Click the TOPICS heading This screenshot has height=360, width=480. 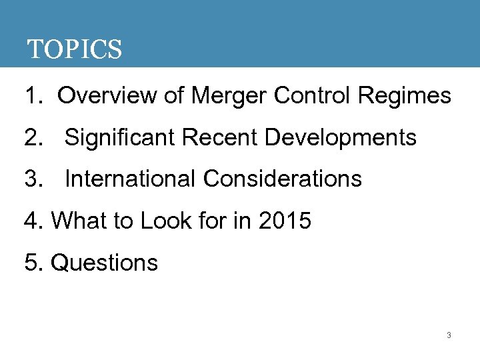coord(74,49)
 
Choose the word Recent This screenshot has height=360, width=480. coord(219,138)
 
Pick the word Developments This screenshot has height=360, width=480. coord(341,139)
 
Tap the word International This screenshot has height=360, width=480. coord(131,179)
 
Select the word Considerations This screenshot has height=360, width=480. coord(283,179)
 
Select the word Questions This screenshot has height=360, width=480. coord(105,263)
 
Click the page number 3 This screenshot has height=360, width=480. coord(449,335)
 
